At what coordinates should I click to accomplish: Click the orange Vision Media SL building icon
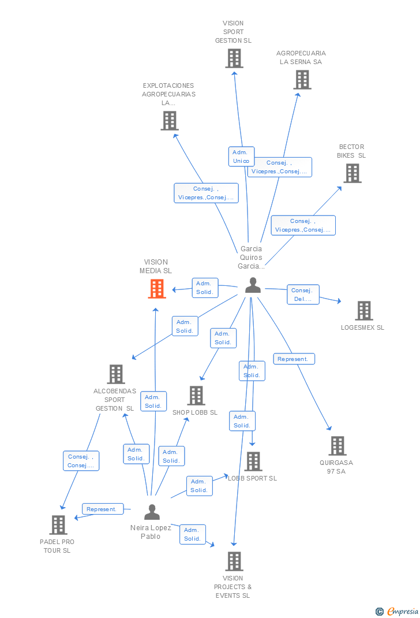157,289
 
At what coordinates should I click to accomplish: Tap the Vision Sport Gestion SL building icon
234,58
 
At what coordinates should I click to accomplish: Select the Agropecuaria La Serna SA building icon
302,80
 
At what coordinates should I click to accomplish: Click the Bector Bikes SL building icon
352,173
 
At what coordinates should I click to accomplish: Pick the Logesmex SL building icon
363,311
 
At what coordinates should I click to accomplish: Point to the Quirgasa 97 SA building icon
337,446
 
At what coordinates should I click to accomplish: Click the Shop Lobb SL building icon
196,396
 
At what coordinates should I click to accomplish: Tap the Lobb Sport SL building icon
253,461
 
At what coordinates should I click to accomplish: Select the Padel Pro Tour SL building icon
58,525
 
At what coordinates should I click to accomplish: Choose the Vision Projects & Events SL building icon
234,561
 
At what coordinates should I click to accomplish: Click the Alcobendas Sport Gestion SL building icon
115,374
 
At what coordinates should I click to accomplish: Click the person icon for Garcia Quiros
253,285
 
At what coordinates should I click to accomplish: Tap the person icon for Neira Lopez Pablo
152,512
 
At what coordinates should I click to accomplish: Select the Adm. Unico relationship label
241,157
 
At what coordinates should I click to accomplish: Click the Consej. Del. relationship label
303,295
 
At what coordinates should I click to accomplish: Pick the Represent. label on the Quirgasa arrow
294,359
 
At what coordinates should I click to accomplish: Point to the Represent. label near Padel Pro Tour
103,509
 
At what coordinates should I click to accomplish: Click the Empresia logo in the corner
397,611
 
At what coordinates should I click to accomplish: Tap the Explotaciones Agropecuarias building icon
169,121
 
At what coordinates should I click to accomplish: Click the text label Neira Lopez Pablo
151,532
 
